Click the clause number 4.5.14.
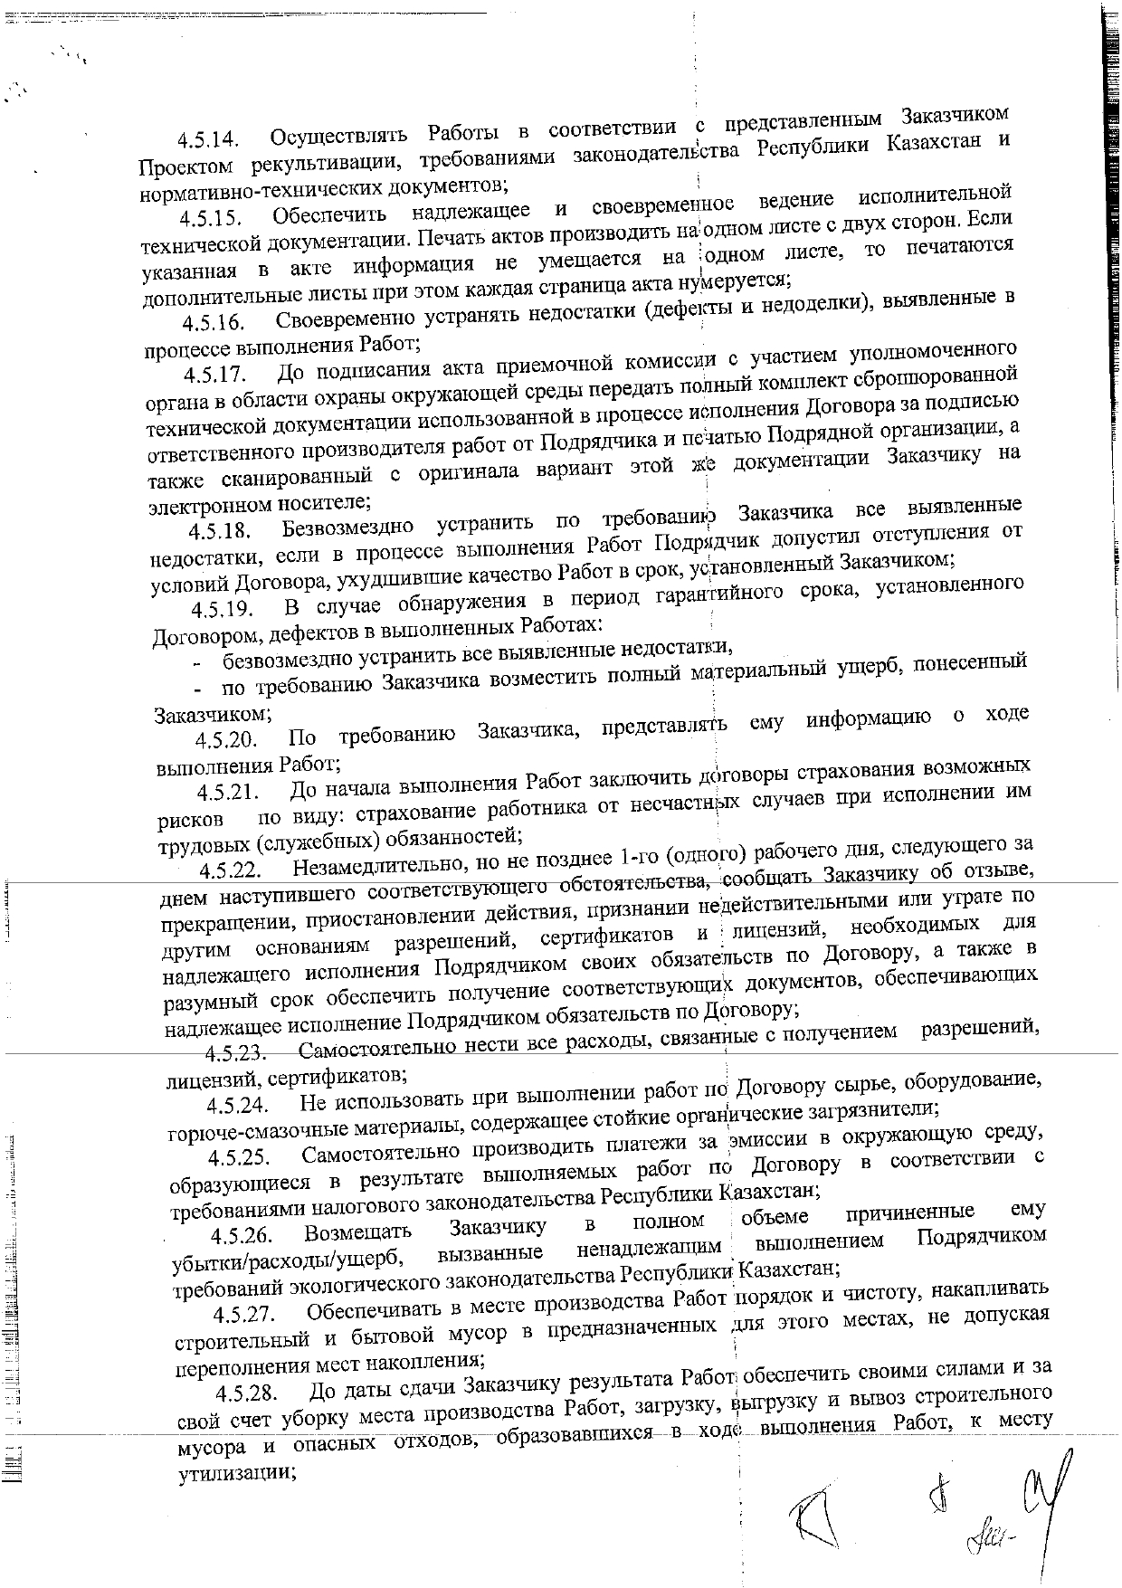(x=208, y=141)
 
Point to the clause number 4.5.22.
(x=231, y=870)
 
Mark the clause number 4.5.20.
(x=226, y=740)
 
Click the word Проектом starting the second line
(x=183, y=167)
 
